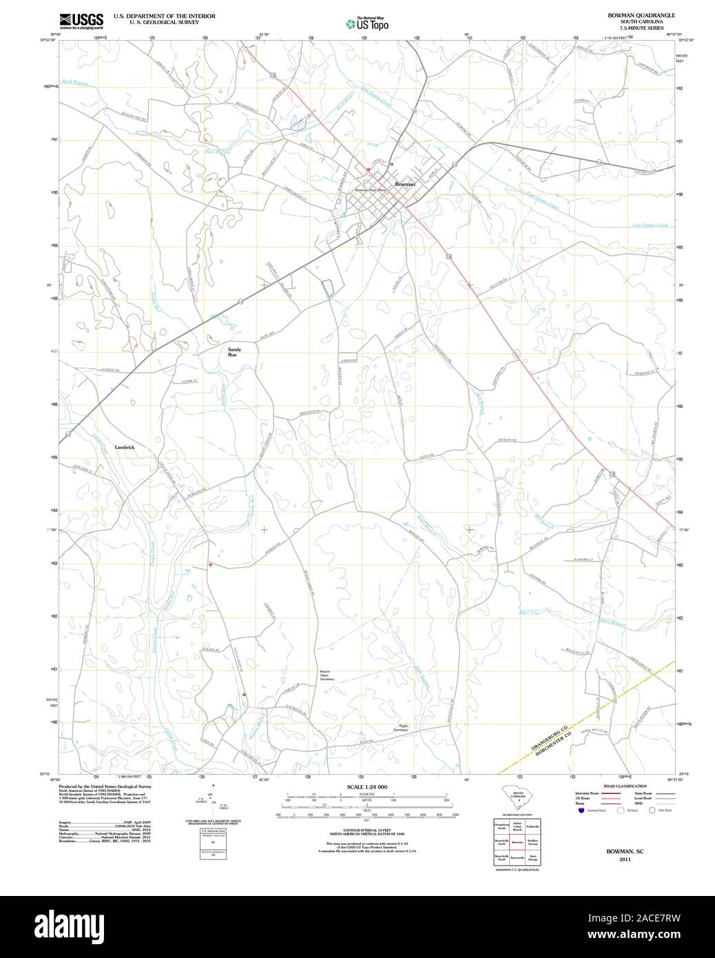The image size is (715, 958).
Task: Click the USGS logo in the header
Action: pyautogui.click(x=81, y=20)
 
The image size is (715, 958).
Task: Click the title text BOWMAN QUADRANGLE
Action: pyautogui.click(x=631, y=14)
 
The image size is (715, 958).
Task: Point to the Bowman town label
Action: pyautogui.click(x=405, y=185)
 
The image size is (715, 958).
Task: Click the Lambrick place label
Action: pyautogui.click(x=125, y=447)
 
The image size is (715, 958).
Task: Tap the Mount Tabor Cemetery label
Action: pyautogui.click(x=327, y=675)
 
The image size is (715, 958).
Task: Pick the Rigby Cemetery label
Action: pyautogui.click(x=401, y=727)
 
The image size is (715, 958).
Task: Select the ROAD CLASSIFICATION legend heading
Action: pyautogui.click(x=624, y=786)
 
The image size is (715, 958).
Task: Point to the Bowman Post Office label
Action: pyautogui.click(x=371, y=190)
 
